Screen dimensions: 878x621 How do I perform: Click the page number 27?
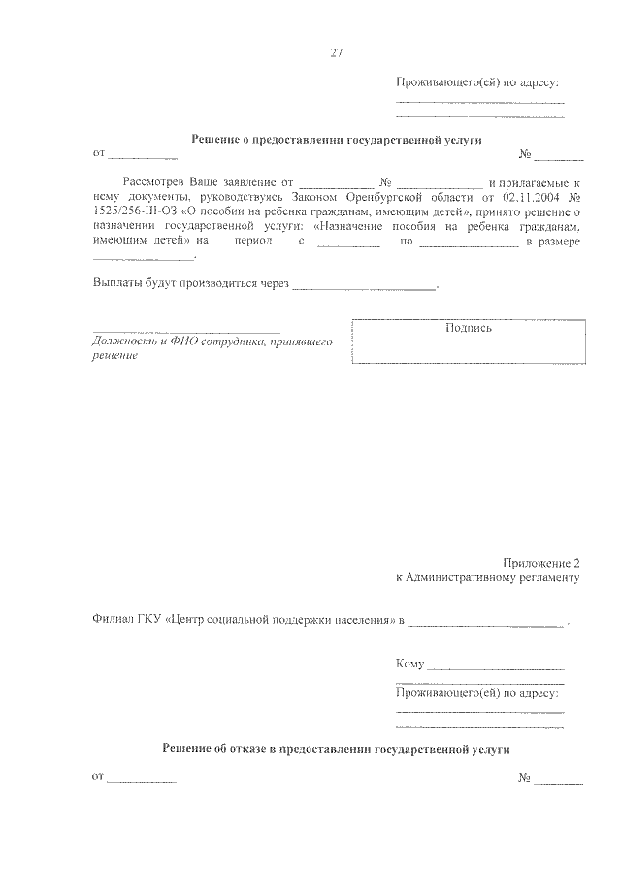[336, 52]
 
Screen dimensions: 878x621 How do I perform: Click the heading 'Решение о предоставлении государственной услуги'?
[336, 140]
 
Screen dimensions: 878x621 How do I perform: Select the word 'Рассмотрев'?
[154, 182]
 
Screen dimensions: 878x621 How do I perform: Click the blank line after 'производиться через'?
[364, 288]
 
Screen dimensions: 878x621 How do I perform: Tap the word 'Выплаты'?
[115, 285]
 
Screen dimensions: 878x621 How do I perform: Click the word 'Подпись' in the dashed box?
[469, 328]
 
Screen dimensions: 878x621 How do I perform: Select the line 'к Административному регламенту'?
[488, 578]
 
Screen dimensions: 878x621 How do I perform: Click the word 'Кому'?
[410, 665]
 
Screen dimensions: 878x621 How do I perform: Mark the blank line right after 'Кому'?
[496, 668]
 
